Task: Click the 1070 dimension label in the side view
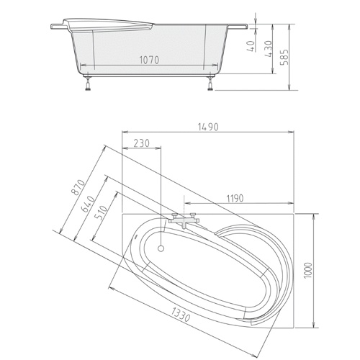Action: pyautogui.click(x=149, y=60)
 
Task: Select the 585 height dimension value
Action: pyautogui.click(x=285, y=58)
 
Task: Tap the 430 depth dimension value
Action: pyautogui.click(x=269, y=49)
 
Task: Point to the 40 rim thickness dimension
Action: pyautogui.click(x=251, y=46)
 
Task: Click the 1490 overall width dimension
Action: pyautogui.click(x=208, y=127)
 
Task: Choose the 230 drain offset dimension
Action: pyautogui.click(x=141, y=143)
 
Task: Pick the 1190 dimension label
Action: pyautogui.click(x=235, y=199)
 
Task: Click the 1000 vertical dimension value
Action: pyautogui.click(x=308, y=271)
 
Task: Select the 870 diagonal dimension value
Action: pyautogui.click(x=78, y=187)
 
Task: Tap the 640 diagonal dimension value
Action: pyautogui.click(x=88, y=204)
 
